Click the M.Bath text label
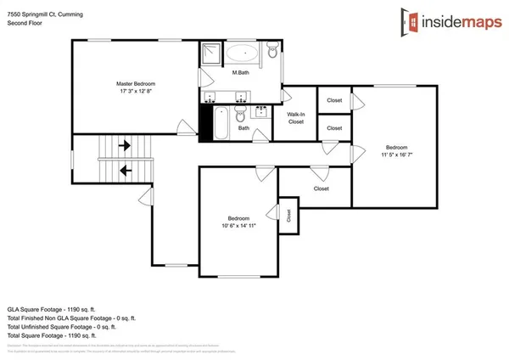240,73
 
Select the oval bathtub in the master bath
244,53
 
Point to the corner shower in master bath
210,53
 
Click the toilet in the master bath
271,53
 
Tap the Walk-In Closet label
295,118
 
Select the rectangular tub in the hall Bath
220,124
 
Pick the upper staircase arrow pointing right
125,145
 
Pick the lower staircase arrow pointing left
125,170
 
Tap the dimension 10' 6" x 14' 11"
238,226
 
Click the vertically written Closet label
288,215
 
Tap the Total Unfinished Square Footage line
60,327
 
